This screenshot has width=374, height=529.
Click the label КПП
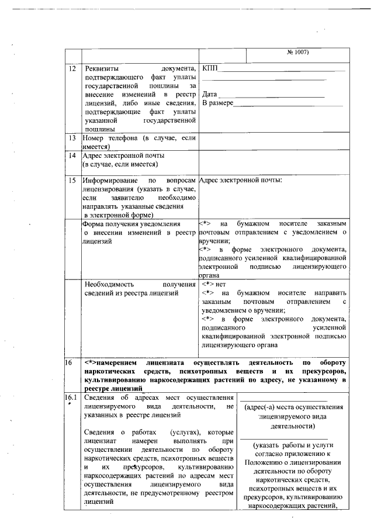coord(210,70)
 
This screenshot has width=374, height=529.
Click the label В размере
coord(217,103)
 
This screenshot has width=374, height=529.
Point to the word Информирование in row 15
coord(110,181)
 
